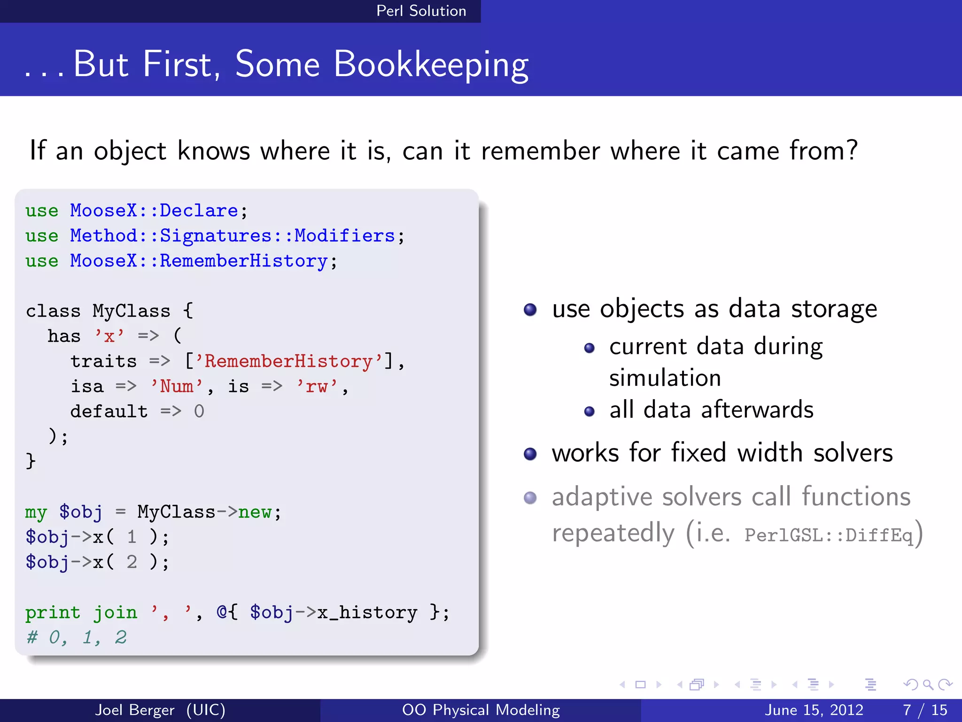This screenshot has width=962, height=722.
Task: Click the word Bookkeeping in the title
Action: pos(431,65)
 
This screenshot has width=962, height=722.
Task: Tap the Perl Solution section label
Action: pos(421,11)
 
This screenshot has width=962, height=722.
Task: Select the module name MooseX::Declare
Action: pos(154,211)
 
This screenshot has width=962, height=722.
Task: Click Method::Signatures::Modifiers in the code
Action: pos(232,236)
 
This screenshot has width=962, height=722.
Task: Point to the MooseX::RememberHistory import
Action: pos(198,261)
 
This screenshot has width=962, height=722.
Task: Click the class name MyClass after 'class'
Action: pos(131,311)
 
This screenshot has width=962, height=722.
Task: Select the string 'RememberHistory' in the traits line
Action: pos(289,361)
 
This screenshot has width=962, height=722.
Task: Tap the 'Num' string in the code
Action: pos(177,386)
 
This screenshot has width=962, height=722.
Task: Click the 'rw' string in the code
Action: pos(317,386)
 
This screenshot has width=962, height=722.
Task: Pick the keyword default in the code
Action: pos(109,412)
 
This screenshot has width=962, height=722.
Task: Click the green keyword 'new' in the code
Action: pos(254,512)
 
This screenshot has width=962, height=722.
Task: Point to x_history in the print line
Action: pos(367,612)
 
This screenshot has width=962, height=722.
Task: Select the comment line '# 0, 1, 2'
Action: pos(77,638)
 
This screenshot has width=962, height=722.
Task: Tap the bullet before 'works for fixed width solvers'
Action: pos(530,454)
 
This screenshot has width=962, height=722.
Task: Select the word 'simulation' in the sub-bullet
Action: pos(665,378)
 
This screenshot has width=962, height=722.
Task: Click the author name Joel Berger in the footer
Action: pos(135,710)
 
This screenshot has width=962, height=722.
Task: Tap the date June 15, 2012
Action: pos(814,710)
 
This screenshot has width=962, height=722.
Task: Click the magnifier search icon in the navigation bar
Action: pos(927,684)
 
